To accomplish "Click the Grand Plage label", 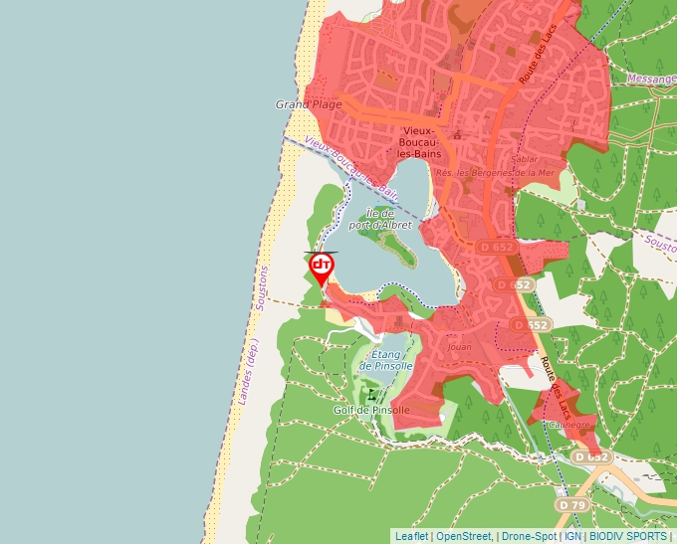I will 309,104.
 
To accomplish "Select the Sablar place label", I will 524,159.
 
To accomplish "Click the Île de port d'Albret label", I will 380,219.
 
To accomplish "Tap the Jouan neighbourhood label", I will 460,348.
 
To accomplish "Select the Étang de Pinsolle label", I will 386,360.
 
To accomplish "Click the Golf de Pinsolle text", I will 371,410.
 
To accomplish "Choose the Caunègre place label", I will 568,425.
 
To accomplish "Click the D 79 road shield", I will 570,505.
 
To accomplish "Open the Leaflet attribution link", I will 411,536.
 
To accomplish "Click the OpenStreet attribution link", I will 464,536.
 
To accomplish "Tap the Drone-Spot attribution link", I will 528,536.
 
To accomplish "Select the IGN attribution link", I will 572,536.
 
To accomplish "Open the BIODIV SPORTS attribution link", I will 627,536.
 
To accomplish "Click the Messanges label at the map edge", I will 652,79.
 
